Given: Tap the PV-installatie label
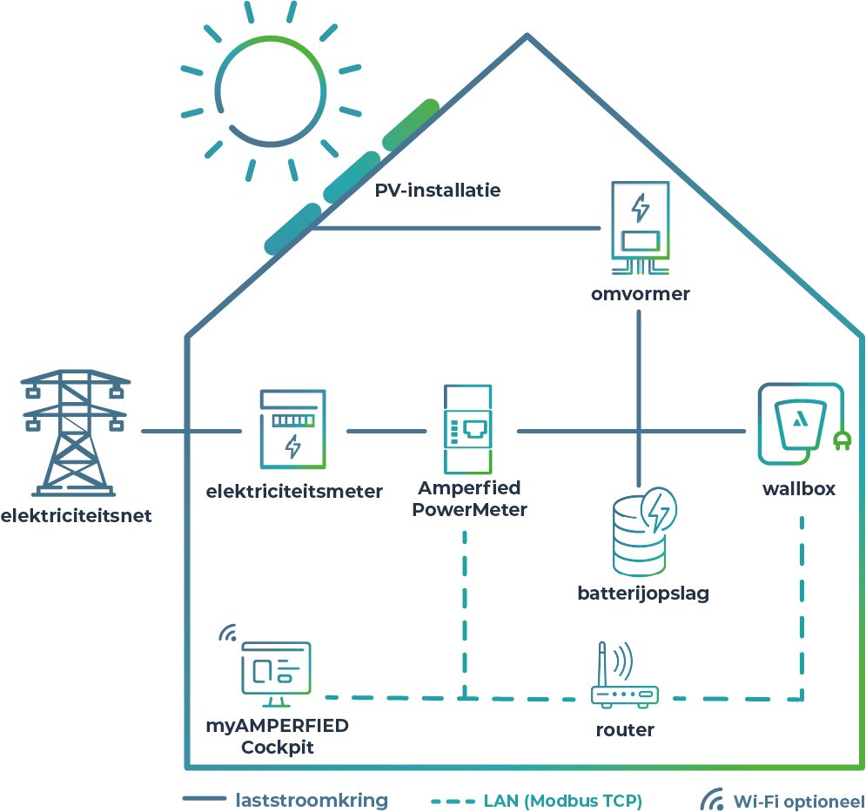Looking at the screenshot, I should (x=438, y=190).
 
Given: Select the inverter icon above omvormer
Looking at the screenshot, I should (x=640, y=222).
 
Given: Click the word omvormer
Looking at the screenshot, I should (x=640, y=293).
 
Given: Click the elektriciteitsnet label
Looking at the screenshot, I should (x=76, y=516).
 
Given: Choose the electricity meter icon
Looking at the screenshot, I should (x=293, y=430).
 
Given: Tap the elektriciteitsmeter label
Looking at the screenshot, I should (x=294, y=492).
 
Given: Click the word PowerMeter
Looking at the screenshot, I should (x=470, y=510).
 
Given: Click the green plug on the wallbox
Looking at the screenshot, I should (x=841, y=440).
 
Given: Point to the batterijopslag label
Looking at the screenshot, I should (x=643, y=594).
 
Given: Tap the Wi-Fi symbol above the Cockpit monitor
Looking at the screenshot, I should (x=228, y=634).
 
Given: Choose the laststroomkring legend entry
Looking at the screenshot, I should (x=312, y=800).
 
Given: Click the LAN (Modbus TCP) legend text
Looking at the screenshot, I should (x=563, y=800).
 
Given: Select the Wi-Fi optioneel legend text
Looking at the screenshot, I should (x=798, y=800).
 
